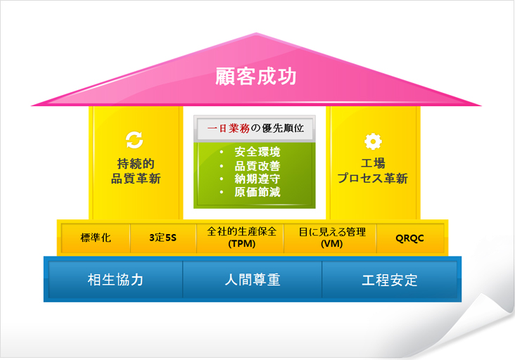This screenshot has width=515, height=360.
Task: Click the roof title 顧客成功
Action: click(x=256, y=77)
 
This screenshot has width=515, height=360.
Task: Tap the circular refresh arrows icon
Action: click(x=134, y=140)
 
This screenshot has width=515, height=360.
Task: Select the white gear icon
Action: click(x=373, y=141)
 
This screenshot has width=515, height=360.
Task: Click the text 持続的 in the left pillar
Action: click(x=136, y=163)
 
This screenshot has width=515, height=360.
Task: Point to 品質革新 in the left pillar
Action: click(x=136, y=179)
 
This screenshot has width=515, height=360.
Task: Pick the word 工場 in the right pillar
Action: click(x=373, y=163)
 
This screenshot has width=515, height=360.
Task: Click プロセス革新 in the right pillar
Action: click(x=373, y=178)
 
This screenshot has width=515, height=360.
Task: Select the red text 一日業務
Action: click(x=228, y=128)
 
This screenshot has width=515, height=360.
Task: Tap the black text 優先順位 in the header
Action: click(x=283, y=128)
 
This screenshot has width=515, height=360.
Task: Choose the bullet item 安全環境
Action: click(x=257, y=152)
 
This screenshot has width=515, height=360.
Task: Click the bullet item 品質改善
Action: click(x=257, y=166)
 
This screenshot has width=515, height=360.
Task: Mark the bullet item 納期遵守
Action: click(x=257, y=179)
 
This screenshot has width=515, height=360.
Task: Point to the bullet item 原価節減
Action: click(x=257, y=192)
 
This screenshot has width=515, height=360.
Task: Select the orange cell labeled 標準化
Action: click(x=96, y=238)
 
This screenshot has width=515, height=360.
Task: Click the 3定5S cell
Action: click(x=163, y=238)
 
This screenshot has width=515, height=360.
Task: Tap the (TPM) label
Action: click(x=242, y=244)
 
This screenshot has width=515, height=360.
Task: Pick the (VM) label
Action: click(x=332, y=244)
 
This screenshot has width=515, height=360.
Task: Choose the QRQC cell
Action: click(x=410, y=238)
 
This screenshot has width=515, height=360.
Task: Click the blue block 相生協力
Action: click(x=115, y=280)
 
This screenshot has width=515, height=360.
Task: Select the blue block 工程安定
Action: click(x=390, y=280)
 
